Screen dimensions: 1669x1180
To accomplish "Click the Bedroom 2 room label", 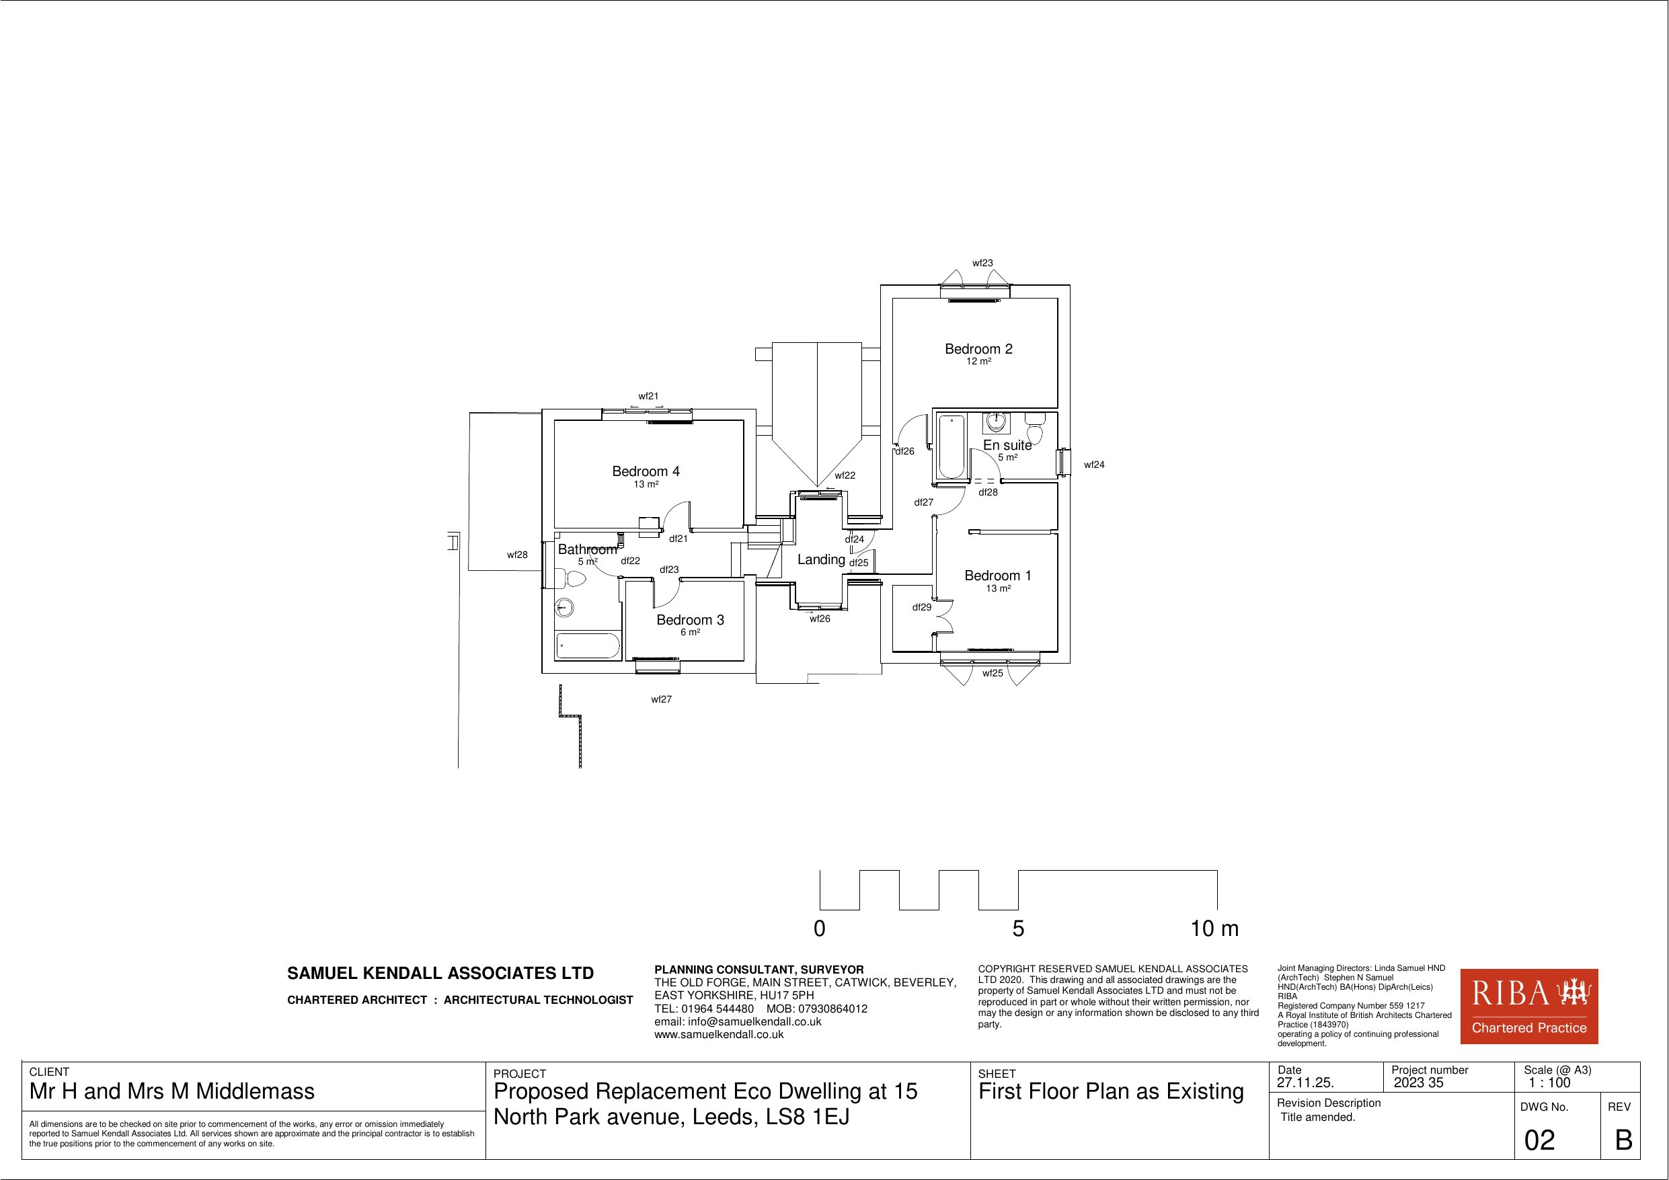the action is [978, 349].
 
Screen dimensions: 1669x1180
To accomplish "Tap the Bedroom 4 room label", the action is [646, 472].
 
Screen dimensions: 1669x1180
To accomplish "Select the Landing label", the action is [820, 560].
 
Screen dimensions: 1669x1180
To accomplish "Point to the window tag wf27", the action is [662, 699].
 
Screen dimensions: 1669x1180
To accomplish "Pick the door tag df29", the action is [922, 607].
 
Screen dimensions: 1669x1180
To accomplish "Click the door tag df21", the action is [678, 539].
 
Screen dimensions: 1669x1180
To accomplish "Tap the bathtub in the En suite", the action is [951, 446].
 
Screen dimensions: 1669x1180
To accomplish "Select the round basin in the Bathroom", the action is [565, 607].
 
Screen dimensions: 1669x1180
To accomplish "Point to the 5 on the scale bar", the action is [1018, 929].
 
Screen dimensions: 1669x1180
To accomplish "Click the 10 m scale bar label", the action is [1214, 929].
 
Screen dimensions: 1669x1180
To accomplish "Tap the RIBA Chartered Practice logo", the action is [1529, 1007].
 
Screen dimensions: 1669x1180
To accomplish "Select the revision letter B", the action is [1623, 1140].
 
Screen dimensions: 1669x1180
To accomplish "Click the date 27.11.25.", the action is [1305, 1083].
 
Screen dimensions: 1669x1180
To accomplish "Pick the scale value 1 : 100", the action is [1549, 1083].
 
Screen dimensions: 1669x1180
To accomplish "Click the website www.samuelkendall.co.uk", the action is [719, 1035].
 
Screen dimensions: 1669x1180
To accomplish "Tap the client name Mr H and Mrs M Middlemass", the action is [172, 1092].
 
